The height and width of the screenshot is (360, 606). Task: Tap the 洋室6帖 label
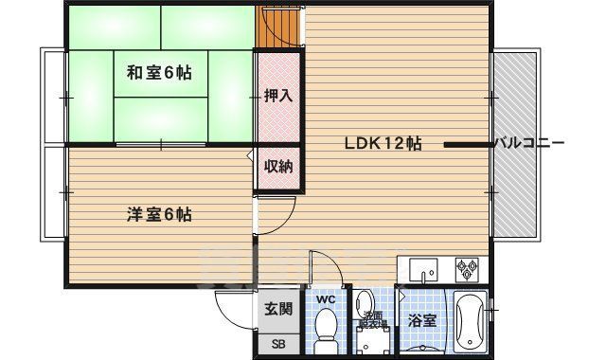(x=159, y=214)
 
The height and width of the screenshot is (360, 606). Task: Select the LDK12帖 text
(x=382, y=144)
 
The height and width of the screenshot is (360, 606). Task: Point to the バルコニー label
(x=529, y=144)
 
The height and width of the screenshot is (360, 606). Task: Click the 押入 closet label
(x=277, y=96)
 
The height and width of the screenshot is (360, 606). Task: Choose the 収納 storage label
(x=277, y=167)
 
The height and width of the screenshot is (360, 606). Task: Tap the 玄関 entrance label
(x=277, y=308)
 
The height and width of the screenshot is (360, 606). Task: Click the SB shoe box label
(x=277, y=341)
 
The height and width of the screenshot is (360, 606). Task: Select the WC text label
(x=326, y=300)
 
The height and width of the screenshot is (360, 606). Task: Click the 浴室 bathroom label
(x=421, y=321)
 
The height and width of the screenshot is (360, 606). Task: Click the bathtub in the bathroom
(x=471, y=321)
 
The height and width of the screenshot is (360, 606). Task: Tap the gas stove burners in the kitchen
(x=468, y=269)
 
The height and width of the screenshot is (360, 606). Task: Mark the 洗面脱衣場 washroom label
(x=371, y=320)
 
